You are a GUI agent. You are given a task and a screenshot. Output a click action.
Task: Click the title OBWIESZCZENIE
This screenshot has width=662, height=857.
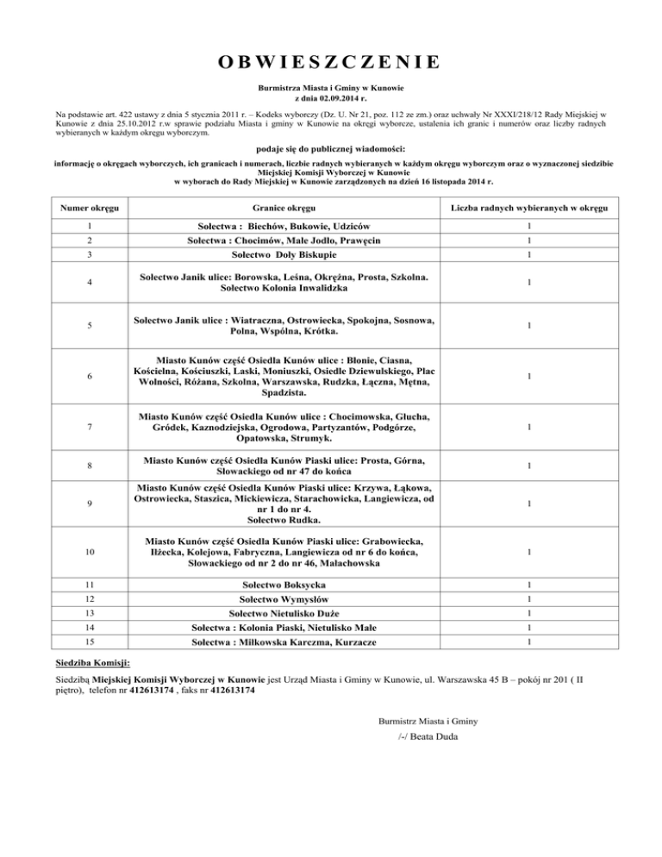coord(330,62)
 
